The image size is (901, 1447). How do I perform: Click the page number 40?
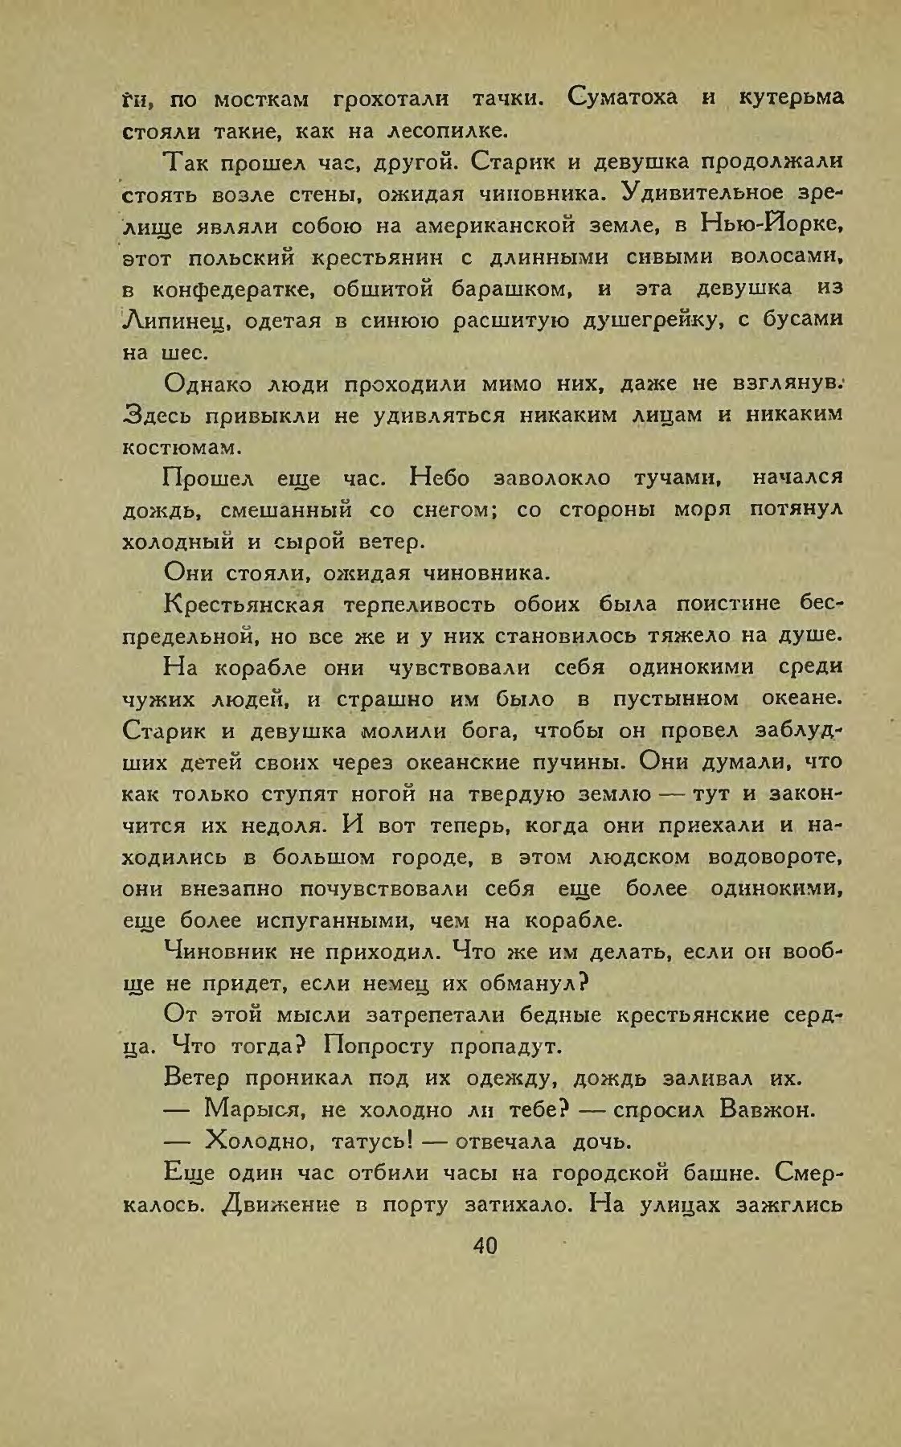point(485,1245)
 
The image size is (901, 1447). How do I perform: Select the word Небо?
point(445,478)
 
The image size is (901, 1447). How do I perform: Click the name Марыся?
point(252,1111)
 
